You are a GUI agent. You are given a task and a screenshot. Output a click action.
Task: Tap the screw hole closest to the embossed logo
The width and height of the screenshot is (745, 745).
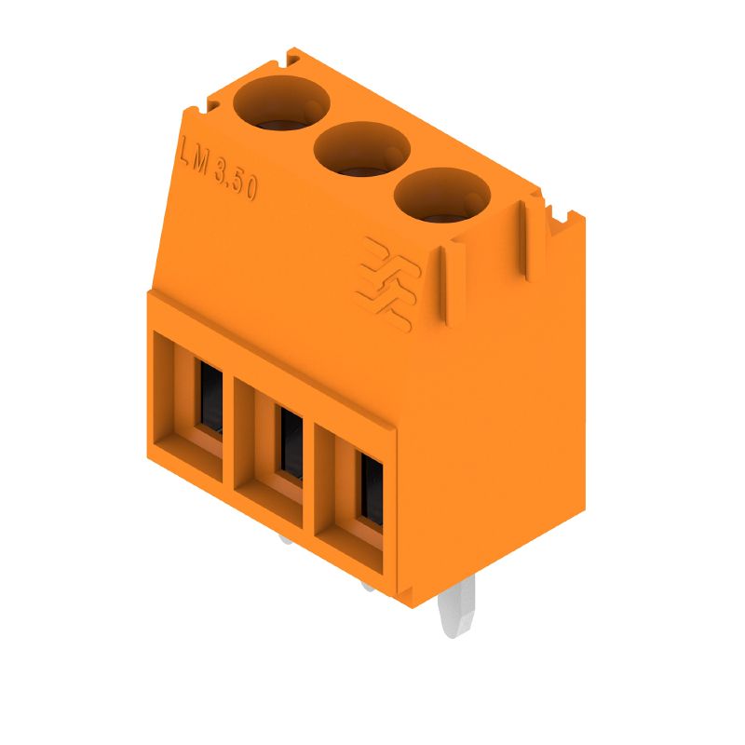441,193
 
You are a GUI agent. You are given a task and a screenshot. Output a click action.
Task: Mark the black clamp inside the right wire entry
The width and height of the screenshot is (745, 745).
372,489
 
